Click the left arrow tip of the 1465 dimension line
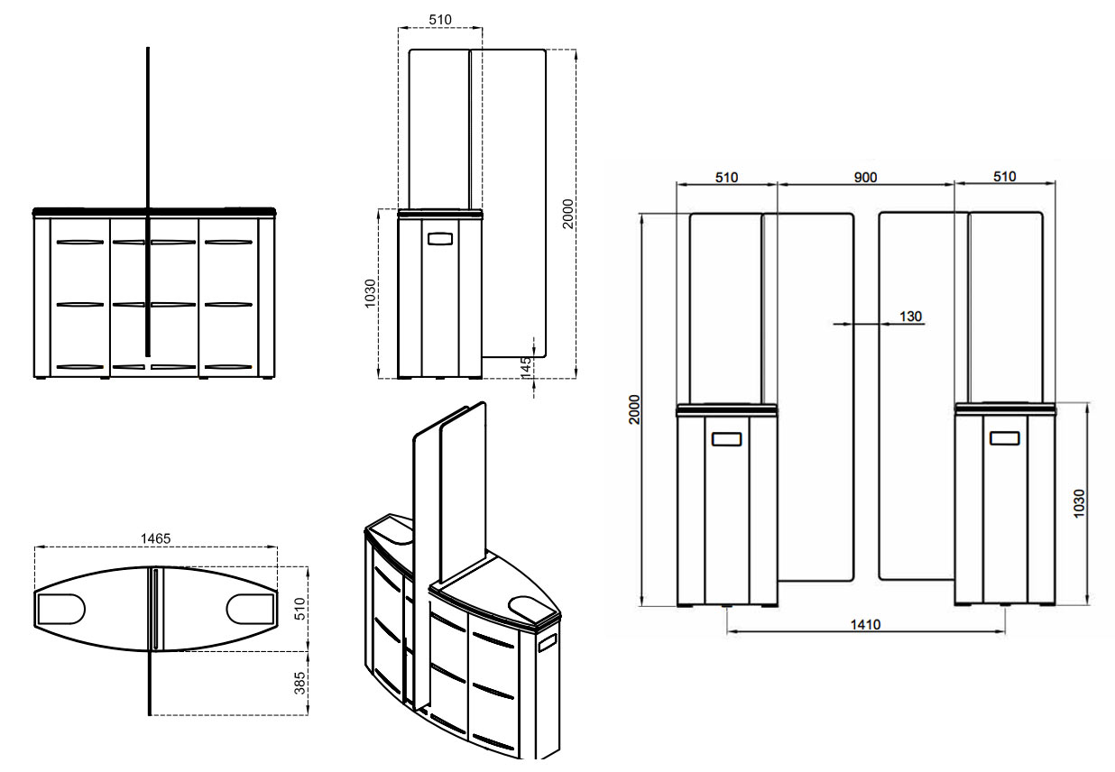(35, 547)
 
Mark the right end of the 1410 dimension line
(1005, 631)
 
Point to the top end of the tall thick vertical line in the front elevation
(148, 48)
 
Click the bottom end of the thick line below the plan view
(150, 715)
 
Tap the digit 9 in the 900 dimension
(858, 178)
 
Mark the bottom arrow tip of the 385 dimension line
(308, 715)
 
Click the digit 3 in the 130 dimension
(910, 317)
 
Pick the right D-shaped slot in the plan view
(251, 609)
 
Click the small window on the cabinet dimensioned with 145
(440, 239)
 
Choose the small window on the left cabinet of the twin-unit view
(727, 439)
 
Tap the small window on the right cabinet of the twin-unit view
(1005, 438)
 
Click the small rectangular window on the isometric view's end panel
(547, 643)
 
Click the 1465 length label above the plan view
(156, 538)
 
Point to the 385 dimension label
(299, 684)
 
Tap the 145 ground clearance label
(526, 367)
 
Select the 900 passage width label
(865, 178)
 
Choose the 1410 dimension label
(866, 624)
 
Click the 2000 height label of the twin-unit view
(634, 409)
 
